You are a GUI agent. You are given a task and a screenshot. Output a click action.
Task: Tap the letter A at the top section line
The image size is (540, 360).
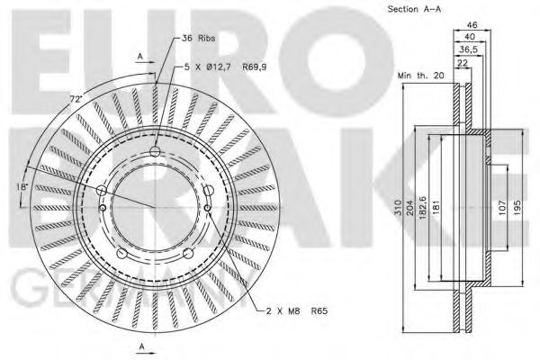[140, 55]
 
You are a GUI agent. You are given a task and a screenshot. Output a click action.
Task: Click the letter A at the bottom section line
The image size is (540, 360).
[142, 346]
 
